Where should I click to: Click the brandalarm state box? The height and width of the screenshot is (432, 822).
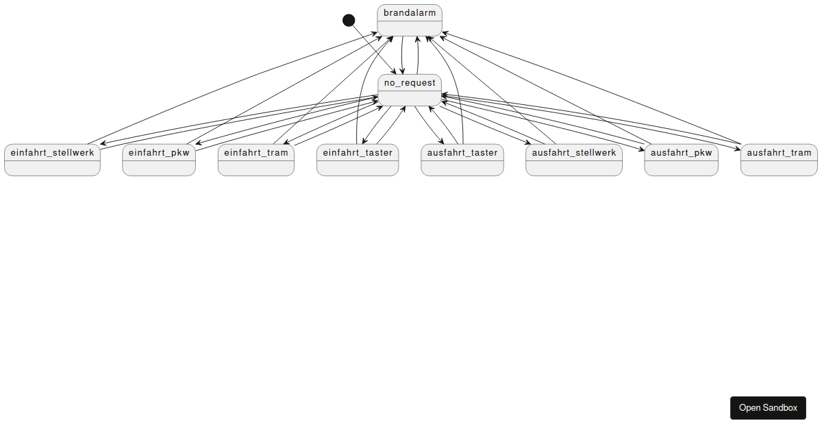410,21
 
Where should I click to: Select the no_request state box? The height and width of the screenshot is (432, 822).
410,90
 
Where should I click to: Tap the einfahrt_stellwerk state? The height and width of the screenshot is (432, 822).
52,160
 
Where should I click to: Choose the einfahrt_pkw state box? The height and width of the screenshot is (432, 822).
159,160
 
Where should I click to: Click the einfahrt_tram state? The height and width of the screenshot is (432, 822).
256,160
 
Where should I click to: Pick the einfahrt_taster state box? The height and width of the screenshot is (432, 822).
358,160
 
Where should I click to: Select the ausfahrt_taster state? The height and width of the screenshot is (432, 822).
462,160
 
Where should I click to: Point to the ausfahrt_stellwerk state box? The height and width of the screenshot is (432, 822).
574,160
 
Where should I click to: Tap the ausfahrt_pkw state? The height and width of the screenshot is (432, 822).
682,160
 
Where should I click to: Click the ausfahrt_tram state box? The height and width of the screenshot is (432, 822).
779,160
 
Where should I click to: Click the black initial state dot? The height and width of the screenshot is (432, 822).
349,20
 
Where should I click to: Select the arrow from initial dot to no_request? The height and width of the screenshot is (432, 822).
373,47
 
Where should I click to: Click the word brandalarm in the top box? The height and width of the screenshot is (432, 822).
410,13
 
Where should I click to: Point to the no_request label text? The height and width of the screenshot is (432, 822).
410,83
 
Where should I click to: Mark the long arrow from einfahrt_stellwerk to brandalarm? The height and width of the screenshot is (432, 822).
233,87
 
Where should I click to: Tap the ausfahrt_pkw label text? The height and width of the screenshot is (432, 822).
682,152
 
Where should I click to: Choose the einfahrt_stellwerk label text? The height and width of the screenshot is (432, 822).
52,152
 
